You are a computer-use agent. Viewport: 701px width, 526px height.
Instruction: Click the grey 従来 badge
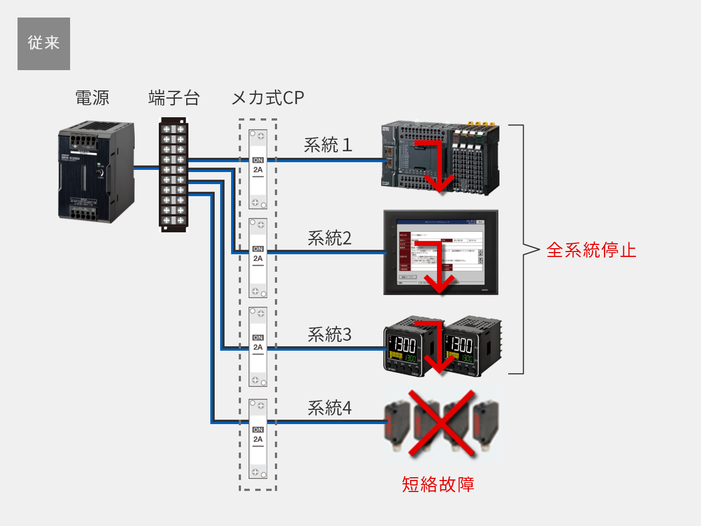click(x=44, y=44)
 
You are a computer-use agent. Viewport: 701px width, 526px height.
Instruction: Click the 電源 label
click(x=92, y=98)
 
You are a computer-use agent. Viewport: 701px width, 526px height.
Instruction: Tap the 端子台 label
click(x=174, y=98)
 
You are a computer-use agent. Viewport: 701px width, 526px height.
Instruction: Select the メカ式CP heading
click(x=268, y=98)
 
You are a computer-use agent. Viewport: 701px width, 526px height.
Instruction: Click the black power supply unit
click(x=96, y=172)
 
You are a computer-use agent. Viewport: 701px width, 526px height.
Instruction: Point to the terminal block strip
click(x=174, y=175)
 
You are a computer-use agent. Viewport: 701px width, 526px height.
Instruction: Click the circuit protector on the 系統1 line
click(x=258, y=169)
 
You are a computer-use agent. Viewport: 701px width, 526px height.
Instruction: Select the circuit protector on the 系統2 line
click(x=258, y=258)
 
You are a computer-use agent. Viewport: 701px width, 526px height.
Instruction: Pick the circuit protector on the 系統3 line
click(x=258, y=347)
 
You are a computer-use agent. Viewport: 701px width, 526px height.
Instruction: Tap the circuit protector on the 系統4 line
click(x=258, y=439)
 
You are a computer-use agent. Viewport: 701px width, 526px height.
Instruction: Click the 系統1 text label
click(x=328, y=145)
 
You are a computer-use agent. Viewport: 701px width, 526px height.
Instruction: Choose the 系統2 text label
click(x=329, y=238)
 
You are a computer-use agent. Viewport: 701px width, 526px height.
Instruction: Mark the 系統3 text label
click(x=329, y=334)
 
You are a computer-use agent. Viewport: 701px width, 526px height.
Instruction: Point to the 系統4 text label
click(x=329, y=408)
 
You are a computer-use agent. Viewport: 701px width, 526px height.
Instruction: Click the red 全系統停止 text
click(x=591, y=250)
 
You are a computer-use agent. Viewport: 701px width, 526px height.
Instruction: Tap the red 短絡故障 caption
click(x=438, y=484)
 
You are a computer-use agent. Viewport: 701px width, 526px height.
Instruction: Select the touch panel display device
click(x=441, y=252)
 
